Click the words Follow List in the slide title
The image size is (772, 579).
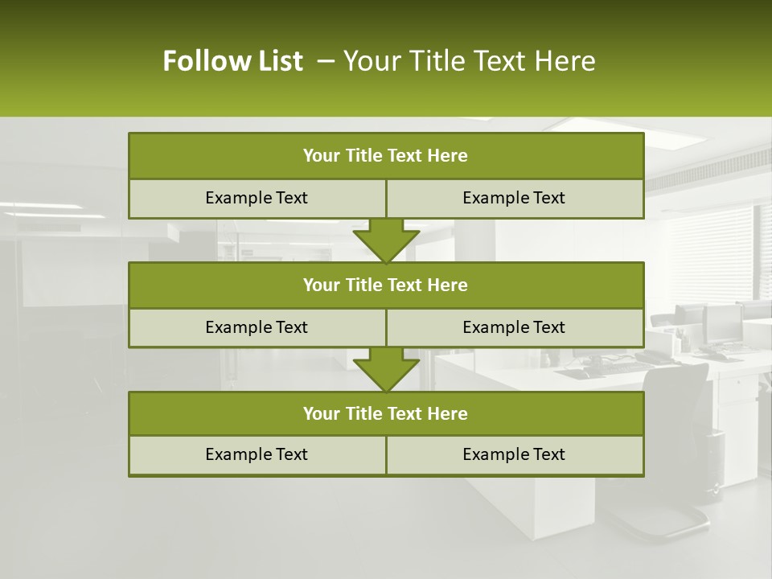click(x=232, y=61)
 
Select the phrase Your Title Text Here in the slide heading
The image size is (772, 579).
click(x=469, y=61)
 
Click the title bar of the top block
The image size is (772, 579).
click(x=386, y=156)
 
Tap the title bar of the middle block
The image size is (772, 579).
click(x=386, y=285)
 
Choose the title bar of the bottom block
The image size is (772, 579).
click(x=386, y=413)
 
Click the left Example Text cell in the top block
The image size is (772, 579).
click(x=257, y=198)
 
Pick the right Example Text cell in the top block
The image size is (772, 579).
click(x=514, y=198)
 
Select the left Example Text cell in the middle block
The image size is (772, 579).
click(x=257, y=327)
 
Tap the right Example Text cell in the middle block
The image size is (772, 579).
click(x=514, y=327)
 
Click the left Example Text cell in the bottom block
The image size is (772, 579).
click(x=257, y=454)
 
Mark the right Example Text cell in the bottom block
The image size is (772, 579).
click(x=514, y=454)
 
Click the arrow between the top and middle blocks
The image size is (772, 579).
click(x=386, y=240)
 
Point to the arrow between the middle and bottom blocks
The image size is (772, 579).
click(x=386, y=369)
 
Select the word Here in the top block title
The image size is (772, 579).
click(x=448, y=156)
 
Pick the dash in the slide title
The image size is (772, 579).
click(x=326, y=61)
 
